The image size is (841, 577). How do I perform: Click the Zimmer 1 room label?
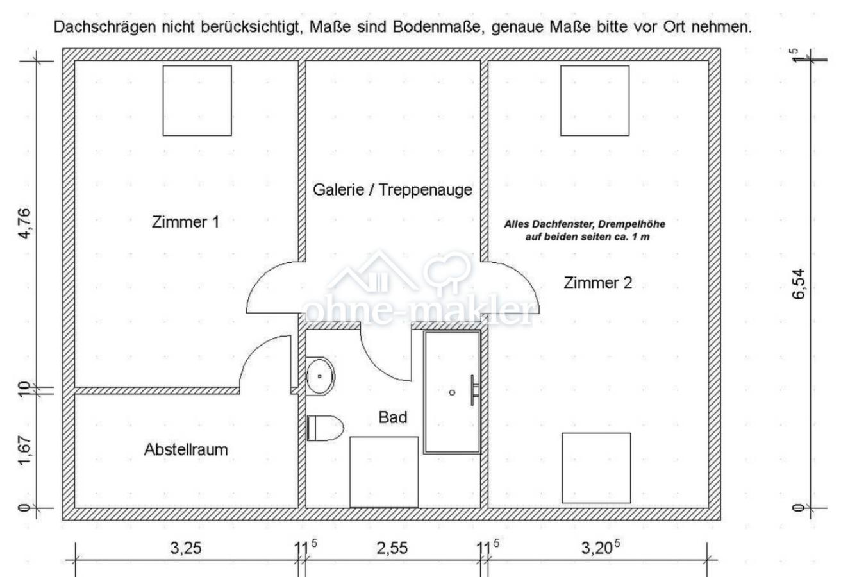point(185,222)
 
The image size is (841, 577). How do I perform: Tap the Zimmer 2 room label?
point(597,283)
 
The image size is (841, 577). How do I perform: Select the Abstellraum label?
point(186,449)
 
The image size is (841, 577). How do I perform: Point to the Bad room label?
point(393,417)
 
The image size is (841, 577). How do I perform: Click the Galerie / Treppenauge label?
point(392,190)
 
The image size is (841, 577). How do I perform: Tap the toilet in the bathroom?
point(325,428)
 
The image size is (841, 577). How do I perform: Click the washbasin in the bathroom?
point(320,376)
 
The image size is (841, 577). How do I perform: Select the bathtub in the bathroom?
point(452,392)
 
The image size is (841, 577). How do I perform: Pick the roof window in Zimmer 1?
point(197,101)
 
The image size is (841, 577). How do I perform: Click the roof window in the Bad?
point(384,472)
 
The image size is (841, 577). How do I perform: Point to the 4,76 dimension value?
point(25,224)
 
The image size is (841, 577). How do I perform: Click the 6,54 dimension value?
point(799,284)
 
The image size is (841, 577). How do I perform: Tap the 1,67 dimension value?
point(25,451)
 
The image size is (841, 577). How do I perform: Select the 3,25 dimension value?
point(186,548)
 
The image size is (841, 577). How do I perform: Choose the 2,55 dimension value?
point(392,548)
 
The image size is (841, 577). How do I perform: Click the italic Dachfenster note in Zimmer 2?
point(585,231)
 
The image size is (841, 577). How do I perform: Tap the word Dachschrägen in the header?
point(104,28)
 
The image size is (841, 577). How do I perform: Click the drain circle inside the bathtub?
point(452,392)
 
